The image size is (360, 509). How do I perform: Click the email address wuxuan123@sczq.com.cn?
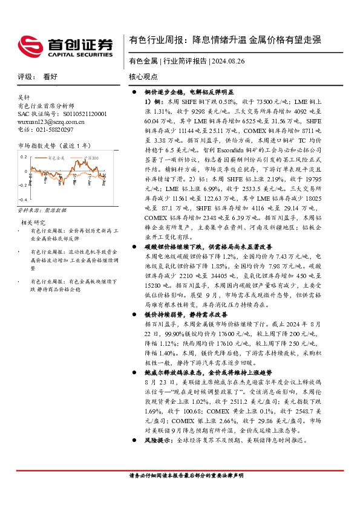click(x=51, y=122)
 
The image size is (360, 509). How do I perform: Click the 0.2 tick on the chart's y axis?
click(x=24, y=157)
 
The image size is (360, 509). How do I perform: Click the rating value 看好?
click(x=50, y=77)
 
